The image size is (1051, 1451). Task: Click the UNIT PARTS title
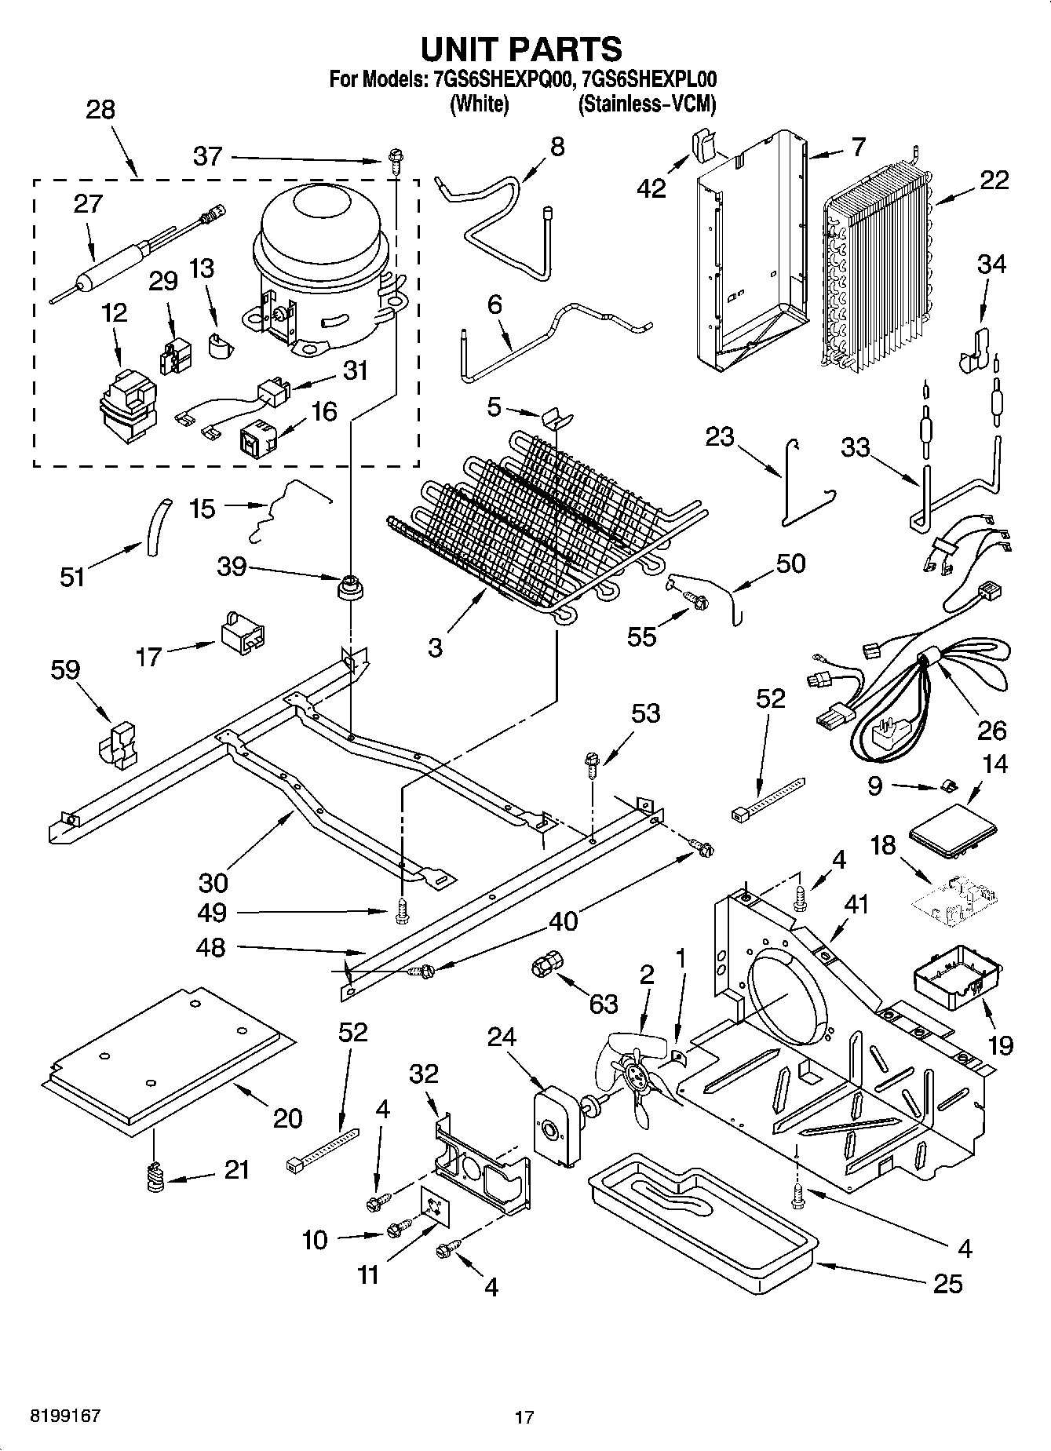click(521, 49)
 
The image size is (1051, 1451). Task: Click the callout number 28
click(100, 111)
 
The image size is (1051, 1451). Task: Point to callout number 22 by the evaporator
click(994, 180)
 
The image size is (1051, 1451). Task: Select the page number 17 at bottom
click(524, 1416)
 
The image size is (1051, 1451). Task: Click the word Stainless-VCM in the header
click(647, 104)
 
